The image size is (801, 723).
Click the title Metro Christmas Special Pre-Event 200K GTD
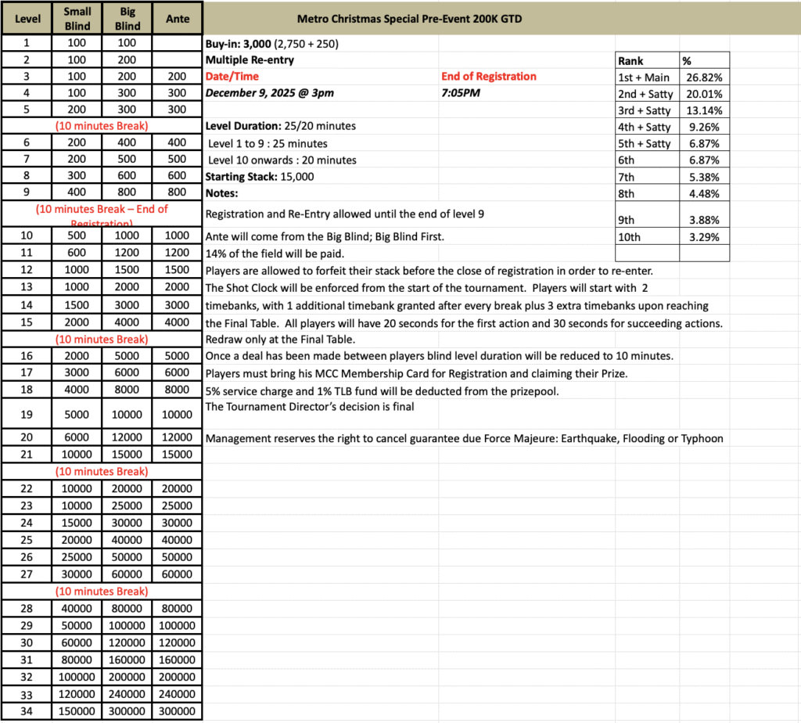point(410,19)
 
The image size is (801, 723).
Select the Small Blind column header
point(77,18)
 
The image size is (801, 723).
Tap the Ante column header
point(178,19)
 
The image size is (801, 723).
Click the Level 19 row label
point(27,413)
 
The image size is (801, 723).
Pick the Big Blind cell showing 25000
point(128,505)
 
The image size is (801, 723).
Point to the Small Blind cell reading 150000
point(77,711)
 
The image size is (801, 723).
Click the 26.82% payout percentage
point(704,77)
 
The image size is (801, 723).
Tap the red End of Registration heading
point(489,77)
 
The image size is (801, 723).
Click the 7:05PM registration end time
point(462,93)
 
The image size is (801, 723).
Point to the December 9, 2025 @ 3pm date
point(269,93)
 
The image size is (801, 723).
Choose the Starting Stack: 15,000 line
point(260,177)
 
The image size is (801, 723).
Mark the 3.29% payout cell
point(704,235)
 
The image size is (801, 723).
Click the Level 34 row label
point(27,711)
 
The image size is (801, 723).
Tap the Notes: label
point(221,193)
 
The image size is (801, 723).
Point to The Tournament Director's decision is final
point(311,405)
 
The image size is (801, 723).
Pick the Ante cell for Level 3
point(178,77)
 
